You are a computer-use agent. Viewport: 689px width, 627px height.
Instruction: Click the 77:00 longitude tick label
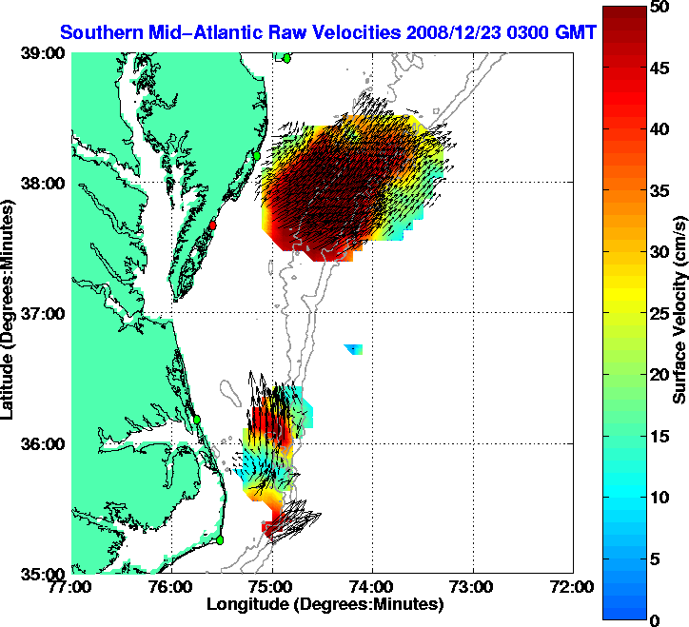pos(71,586)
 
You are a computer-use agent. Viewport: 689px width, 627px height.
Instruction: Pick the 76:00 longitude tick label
pos(172,586)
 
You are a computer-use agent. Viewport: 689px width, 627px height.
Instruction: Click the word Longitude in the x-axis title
pos(247,604)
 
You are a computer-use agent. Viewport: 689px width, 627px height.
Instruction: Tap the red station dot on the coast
pos(214,225)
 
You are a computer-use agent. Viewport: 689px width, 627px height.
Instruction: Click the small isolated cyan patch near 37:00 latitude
pos(354,349)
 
